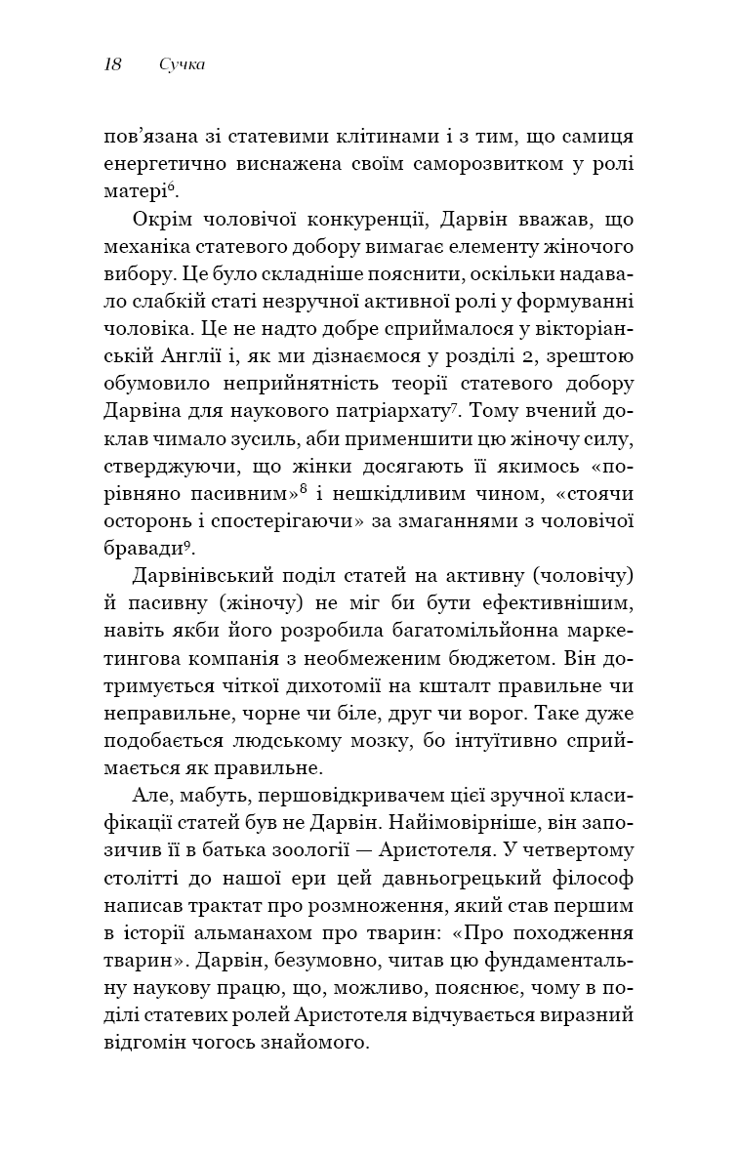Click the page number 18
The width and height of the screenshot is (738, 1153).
click(112, 65)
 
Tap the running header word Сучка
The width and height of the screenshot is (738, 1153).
click(186, 65)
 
